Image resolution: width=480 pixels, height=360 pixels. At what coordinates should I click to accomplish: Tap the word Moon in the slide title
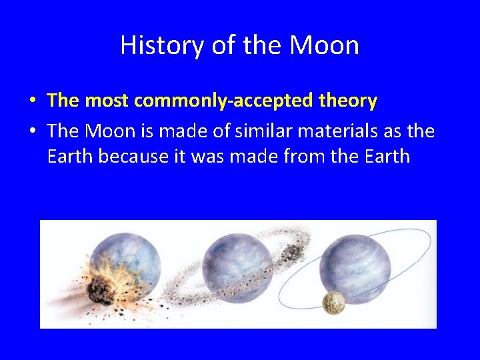coord(324,45)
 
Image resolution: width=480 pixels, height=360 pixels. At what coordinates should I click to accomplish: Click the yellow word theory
coord(347,101)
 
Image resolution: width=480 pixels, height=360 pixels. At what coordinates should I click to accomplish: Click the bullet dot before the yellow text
coord(32,101)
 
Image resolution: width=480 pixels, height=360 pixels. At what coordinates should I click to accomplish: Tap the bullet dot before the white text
coord(32,131)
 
